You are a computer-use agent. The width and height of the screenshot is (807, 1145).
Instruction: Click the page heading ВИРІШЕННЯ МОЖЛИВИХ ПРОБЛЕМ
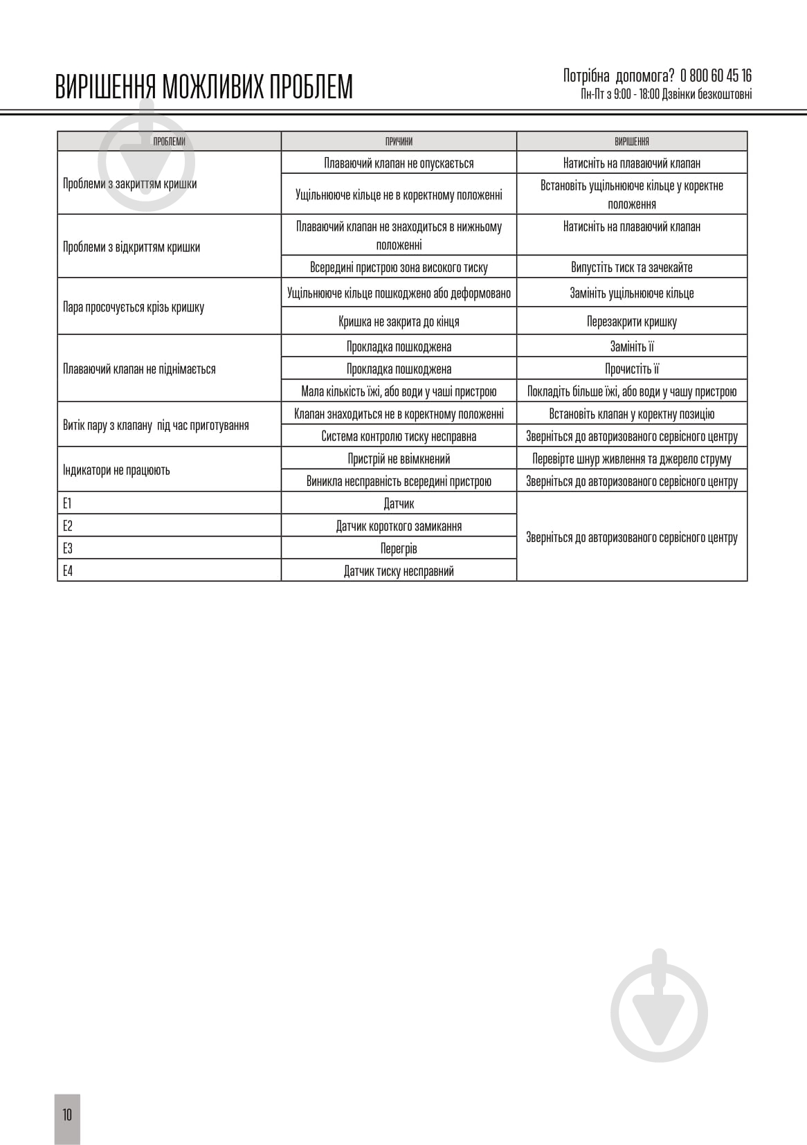204,87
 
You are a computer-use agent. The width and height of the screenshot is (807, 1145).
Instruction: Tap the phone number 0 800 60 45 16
716,75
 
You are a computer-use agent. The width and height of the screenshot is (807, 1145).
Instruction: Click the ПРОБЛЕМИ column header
169,141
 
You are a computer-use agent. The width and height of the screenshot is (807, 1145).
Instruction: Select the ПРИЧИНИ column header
399,141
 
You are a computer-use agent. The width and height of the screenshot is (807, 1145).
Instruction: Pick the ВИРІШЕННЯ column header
632,141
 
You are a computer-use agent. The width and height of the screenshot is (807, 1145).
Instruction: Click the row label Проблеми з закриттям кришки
130,183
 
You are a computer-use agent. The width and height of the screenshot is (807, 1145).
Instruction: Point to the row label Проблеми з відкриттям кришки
132,247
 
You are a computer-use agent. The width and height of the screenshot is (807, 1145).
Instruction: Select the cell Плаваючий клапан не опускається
399,163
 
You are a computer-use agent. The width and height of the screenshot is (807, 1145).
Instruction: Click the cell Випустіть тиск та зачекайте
632,267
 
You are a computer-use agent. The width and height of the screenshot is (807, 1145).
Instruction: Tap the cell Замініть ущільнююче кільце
632,293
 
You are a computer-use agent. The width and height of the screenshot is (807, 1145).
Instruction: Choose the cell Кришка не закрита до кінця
399,321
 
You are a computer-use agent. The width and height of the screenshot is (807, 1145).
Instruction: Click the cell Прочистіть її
632,369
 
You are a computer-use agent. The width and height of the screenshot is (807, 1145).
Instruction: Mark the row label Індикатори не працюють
116,470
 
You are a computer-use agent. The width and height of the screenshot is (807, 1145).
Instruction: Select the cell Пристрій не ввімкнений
399,458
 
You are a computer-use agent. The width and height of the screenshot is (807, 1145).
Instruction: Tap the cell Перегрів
399,548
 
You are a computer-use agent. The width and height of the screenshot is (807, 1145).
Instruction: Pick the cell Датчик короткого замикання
399,526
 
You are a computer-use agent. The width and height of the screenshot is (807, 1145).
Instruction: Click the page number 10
67,1115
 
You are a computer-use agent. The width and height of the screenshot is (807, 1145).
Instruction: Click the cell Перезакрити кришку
632,321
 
